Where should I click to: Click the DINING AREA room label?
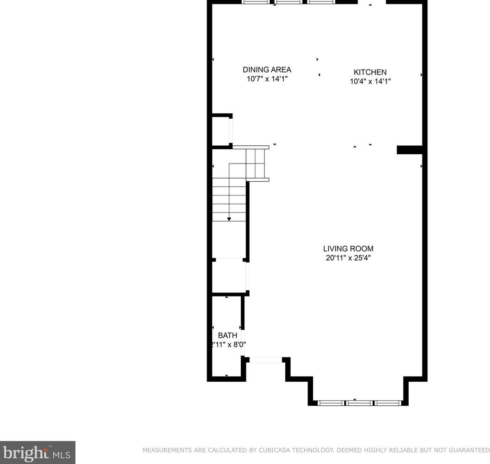click(267, 70)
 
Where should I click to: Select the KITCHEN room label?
click(370, 72)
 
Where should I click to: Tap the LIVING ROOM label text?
click(348, 249)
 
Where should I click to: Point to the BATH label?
click(227, 336)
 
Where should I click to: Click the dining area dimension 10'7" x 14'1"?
click(267, 79)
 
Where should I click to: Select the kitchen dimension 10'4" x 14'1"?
click(370, 81)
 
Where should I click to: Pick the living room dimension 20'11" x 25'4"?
click(348, 258)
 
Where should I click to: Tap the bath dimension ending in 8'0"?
click(228, 344)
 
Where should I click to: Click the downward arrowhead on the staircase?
click(229, 219)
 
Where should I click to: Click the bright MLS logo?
click(37, 452)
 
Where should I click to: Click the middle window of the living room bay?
click(359, 403)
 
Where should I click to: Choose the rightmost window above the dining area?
click(322, 2)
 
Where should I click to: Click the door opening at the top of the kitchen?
click(371, 2)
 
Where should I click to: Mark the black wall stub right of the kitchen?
click(409, 150)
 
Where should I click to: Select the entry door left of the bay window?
click(265, 360)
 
